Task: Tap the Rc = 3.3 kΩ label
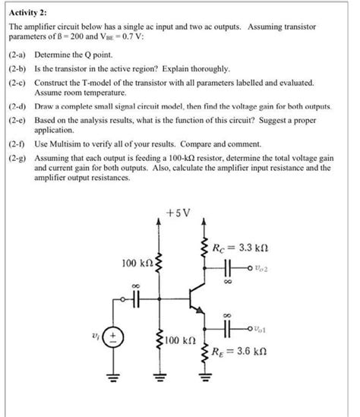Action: [242, 247]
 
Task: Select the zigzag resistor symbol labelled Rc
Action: [204, 248]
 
